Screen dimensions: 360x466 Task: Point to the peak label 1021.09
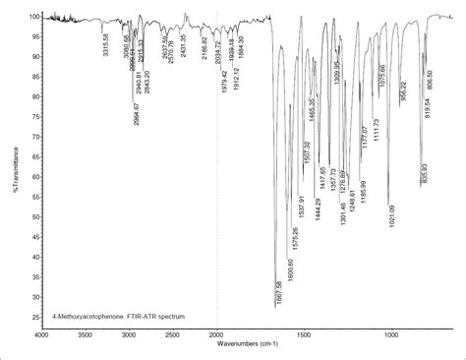coord(391,216)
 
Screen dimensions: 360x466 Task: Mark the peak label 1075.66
coord(382,76)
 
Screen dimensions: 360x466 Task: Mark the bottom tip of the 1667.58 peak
coord(276,308)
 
